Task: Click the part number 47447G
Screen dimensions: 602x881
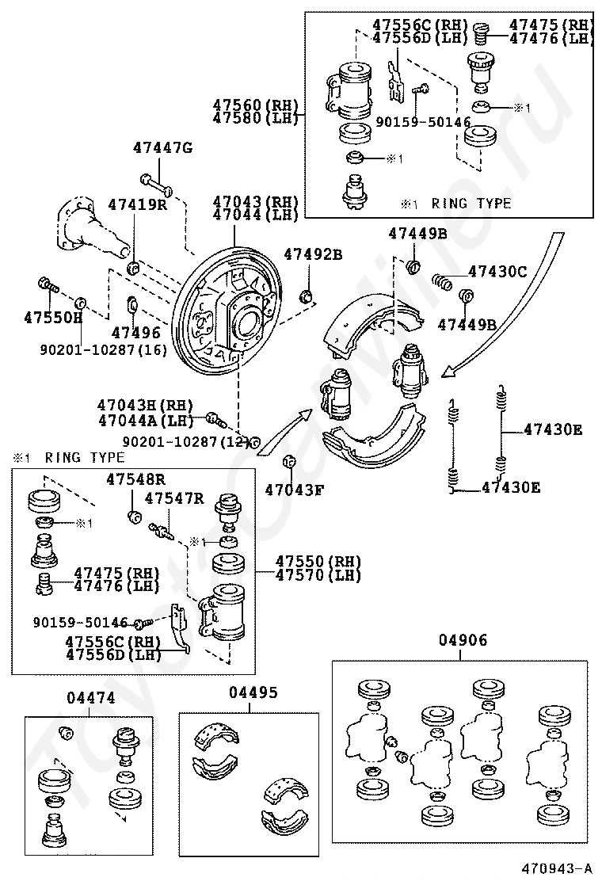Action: [162, 148]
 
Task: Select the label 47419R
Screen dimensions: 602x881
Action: [138, 204]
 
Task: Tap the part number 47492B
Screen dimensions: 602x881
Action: [313, 254]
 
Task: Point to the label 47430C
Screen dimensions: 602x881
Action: [497, 272]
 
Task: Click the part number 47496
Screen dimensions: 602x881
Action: [136, 333]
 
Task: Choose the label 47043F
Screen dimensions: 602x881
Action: [294, 490]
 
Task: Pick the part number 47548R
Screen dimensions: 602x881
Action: [136, 479]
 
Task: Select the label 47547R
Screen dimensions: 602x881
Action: [174, 498]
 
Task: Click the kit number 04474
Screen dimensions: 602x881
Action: [91, 698]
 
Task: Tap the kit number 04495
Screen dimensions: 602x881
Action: [253, 692]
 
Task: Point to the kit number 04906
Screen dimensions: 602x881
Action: [463, 640]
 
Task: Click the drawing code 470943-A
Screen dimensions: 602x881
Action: [557, 868]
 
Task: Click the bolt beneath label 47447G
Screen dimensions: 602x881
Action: [157, 184]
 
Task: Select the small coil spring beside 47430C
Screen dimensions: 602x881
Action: [442, 281]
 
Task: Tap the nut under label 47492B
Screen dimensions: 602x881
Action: [307, 295]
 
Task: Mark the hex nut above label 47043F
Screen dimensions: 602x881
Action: [288, 461]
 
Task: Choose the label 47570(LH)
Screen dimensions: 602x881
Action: [318, 575]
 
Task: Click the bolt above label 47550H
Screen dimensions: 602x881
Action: [48, 284]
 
